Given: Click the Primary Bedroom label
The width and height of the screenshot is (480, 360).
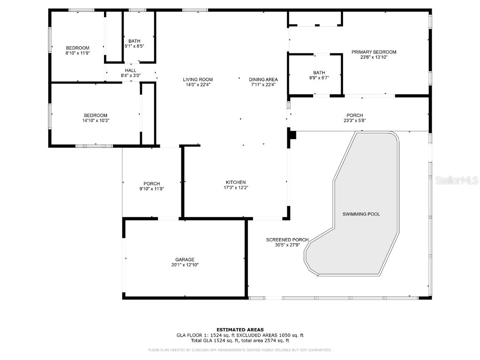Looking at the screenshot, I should point(374,52).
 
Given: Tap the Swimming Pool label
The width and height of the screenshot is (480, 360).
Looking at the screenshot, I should point(360,214).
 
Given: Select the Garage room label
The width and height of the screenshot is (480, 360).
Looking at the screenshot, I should point(185,260).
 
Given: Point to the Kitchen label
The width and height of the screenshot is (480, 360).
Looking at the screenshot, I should point(236,182).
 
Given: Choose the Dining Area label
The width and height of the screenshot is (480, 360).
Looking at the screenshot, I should point(263,80).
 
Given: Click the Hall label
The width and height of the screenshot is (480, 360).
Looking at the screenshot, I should point(130,70).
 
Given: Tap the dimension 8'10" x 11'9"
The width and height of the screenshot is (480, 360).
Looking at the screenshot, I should point(77,53).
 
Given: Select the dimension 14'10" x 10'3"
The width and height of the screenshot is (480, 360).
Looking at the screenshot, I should point(96,120).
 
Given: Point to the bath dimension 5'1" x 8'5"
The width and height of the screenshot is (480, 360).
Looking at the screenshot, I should point(134,46).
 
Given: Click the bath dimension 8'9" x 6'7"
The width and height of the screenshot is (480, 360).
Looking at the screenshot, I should point(319,78).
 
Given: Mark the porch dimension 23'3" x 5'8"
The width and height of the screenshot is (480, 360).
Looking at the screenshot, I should point(354,120).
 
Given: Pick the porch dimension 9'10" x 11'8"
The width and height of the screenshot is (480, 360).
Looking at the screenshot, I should point(151,189).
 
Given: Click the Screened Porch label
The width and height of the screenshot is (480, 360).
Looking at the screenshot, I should point(287,240).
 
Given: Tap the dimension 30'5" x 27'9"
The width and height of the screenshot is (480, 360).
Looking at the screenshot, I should point(287,245).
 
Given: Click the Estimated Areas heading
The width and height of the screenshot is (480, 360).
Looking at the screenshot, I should point(240,330).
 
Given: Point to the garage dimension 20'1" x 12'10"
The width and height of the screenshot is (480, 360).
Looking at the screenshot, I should point(185,265).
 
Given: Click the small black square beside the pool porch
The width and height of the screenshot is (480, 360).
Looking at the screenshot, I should point(292,135).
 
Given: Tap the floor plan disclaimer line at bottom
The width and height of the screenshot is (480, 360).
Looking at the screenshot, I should point(240,350).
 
